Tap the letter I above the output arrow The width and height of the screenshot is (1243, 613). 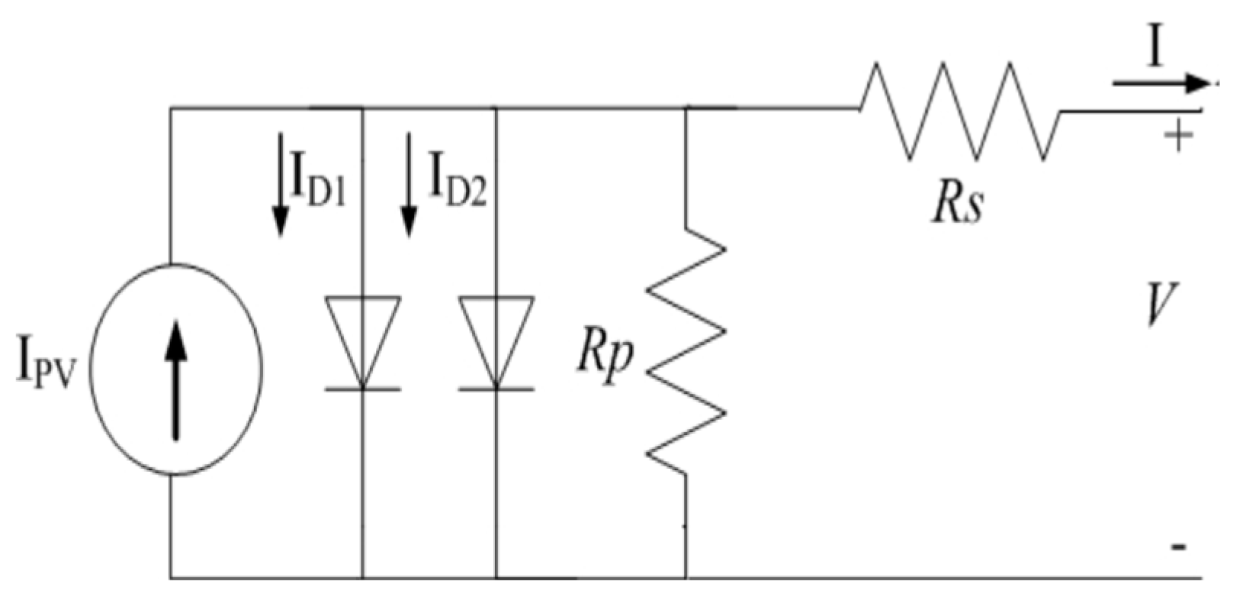pyautogui.click(x=1156, y=50)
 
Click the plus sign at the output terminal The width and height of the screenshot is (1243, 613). pyautogui.click(x=1178, y=138)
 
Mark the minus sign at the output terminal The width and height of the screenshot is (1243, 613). pyautogui.click(x=1178, y=547)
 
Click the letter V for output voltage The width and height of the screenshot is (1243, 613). pyautogui.click(x=1162, y=304)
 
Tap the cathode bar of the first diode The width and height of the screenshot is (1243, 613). pyautogui.click(x=362, y=389)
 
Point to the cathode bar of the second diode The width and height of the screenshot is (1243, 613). pyautogui.click(x=496, y=389)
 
